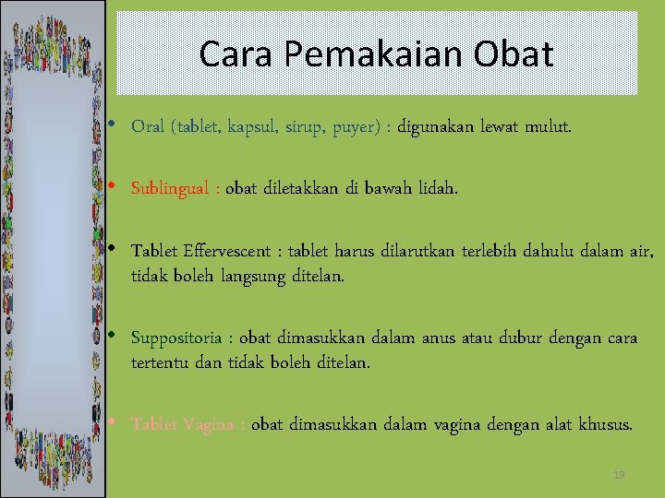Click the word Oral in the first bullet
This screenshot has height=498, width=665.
tap(148, 126)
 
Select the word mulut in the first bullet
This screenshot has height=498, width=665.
tap(548, 126)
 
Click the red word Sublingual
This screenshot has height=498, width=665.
tap(172, 189)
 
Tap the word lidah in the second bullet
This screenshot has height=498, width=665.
tap(436, 189)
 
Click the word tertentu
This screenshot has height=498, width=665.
tap(161, 362)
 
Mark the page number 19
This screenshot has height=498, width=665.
tap(619, 475)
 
